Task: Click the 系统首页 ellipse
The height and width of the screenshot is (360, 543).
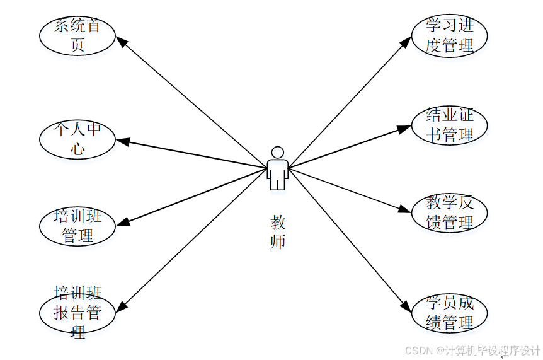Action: pos(77,36)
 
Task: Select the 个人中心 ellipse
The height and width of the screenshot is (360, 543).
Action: pos(77,139)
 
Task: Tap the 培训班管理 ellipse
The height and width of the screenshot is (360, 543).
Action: pos(77,227)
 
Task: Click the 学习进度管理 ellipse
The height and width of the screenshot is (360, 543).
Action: pos(449,36)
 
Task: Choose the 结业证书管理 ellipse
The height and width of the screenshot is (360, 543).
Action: pos(449,125)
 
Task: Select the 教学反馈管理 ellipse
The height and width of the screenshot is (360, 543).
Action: pos(449,212)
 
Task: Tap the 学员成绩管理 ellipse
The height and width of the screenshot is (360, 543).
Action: pos(449,313)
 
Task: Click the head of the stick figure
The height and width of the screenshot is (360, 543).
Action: pos(277,152)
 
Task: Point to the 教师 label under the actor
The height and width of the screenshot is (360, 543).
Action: pos(278,231)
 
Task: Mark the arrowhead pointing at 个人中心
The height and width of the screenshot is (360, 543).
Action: pos(123,141)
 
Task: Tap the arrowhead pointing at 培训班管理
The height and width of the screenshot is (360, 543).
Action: pos(122,222)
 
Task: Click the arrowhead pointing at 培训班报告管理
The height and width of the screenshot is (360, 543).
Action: pos(121,306)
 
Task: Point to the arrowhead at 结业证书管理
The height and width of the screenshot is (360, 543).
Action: pos(405,129)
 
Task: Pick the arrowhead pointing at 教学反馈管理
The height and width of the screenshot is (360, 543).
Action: pos(405,211)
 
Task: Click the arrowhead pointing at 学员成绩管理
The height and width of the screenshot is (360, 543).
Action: pos(406,306)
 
